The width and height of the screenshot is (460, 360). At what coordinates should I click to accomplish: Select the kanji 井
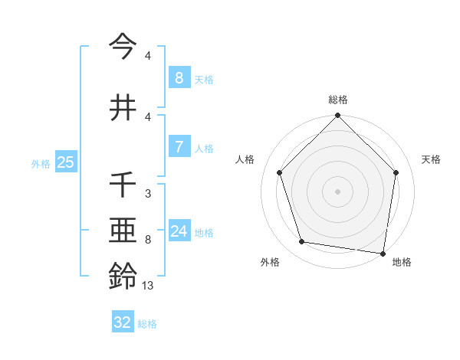tap(123, 106)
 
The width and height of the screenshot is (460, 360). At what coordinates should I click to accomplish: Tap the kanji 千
tap(123, 185)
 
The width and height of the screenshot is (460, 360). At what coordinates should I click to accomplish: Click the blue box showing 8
tap(179, 78)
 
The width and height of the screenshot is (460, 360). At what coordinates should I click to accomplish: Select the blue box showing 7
tap(179, 147)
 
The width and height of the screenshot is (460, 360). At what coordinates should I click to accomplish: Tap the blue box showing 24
tap(179, 231)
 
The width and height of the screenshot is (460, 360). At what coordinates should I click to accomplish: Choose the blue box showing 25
tap(65, 162)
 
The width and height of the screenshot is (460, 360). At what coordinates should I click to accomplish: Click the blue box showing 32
tap(123, 322)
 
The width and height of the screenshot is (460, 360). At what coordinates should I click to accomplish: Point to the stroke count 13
tap(148, 286)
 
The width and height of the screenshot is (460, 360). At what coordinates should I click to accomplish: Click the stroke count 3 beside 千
tap(147, 194)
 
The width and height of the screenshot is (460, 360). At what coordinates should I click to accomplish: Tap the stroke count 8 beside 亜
tap(147, 240)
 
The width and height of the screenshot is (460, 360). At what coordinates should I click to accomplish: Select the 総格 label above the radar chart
tap(338, 100)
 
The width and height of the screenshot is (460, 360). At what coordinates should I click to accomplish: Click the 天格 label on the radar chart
tap(432, 159)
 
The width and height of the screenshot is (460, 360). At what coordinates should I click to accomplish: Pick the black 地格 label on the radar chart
tap(402, 262)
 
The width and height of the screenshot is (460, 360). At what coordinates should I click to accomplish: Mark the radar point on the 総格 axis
tap(338, 116)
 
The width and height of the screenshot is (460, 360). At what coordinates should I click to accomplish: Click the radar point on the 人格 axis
tap(279, 172)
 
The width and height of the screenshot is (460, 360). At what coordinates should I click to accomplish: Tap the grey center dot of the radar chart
tap(338, 191)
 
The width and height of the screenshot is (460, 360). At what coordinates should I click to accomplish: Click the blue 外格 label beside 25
tap(41, 163)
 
